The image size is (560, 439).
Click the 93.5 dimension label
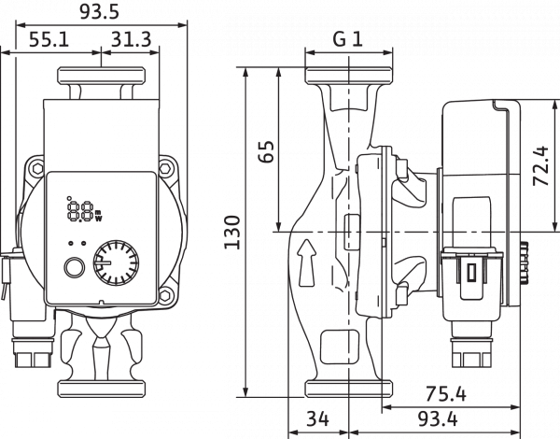99,12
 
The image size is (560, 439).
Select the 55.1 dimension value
49,39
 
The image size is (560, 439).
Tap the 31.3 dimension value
132,39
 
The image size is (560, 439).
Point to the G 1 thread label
348,39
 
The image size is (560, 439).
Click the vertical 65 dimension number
266,151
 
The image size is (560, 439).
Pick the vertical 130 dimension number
231,232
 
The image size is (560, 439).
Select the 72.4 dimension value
540,165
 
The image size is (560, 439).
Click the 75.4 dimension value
446,394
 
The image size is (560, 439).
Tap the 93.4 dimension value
438,418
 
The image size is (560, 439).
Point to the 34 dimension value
317,418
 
